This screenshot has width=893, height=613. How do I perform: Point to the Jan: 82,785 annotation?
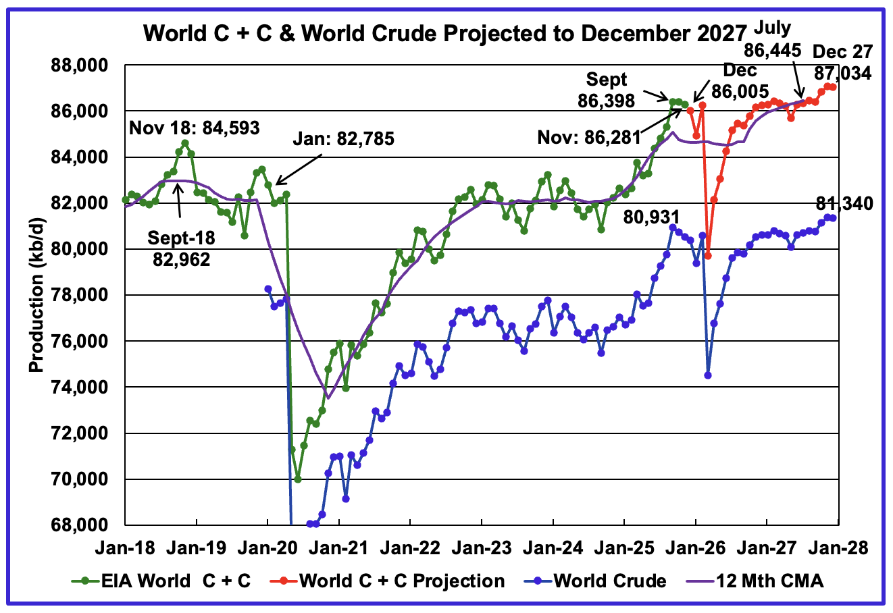pos(342,140)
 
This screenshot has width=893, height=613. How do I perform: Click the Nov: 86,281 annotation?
pos(588,138)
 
